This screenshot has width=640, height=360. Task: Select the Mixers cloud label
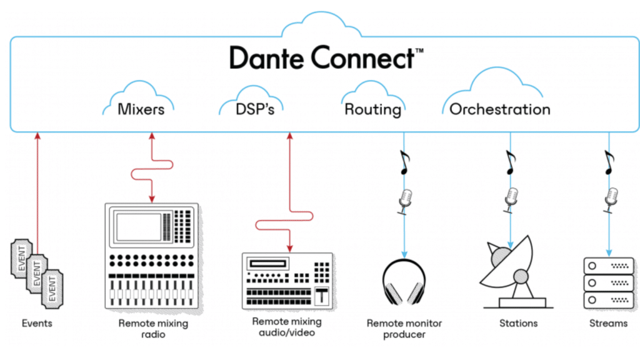(x=141, y=109)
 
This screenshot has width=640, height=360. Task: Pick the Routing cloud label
(x=372, y=110)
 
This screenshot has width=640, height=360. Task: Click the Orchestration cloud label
(x=499, y=109)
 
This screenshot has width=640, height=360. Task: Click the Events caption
(x=37, y=323)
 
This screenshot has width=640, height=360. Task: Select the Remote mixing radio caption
(x=152, y=329)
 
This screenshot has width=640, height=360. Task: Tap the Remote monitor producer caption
(x=404, y=329)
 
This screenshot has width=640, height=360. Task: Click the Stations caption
(x=518, y=323)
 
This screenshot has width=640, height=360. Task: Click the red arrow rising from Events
(x=37, y=187)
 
